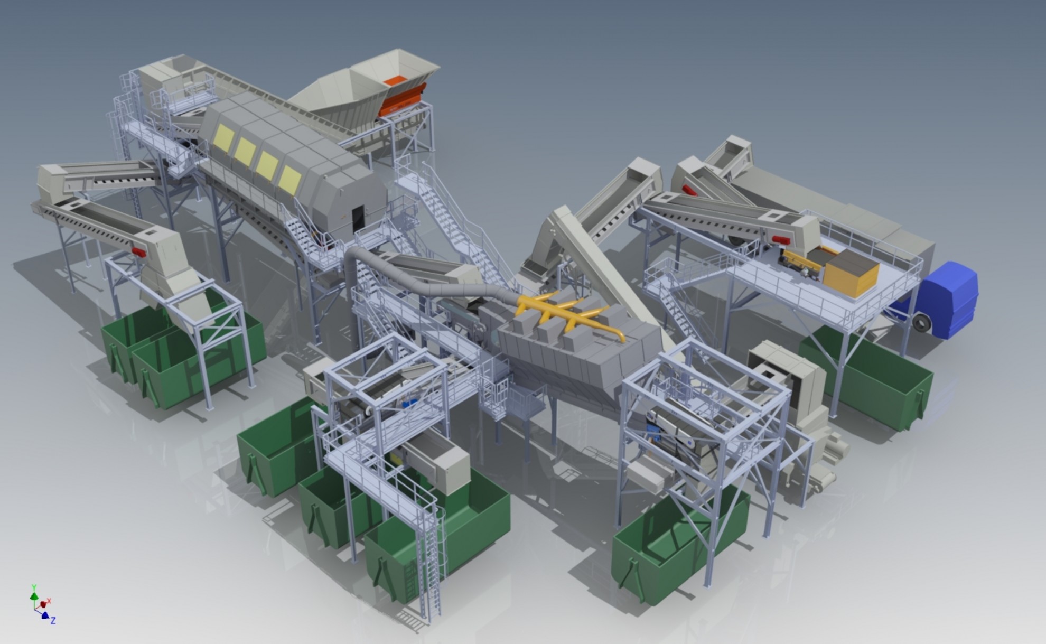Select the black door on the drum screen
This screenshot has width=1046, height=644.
(358, 219)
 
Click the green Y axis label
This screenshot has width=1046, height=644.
(34, 587)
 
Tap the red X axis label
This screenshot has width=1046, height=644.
(49, 601)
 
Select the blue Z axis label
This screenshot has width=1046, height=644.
(53, 620)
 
